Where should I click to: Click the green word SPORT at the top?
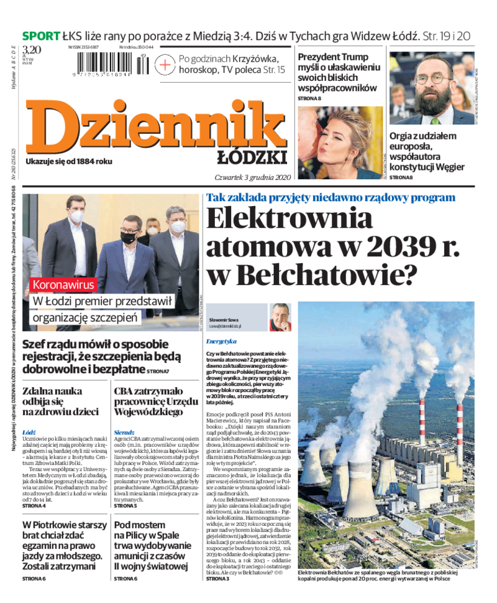click(41, 35)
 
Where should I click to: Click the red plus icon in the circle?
click(165, 65)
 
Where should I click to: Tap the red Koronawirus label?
click(64, 285)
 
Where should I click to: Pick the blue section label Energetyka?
click(221, 341)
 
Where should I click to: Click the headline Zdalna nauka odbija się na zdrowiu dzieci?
click(60, 401)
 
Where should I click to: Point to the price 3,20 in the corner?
click(31, 50)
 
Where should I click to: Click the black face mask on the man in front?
click(129, 237)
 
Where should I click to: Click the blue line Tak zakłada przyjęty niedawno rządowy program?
click(331, 197)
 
